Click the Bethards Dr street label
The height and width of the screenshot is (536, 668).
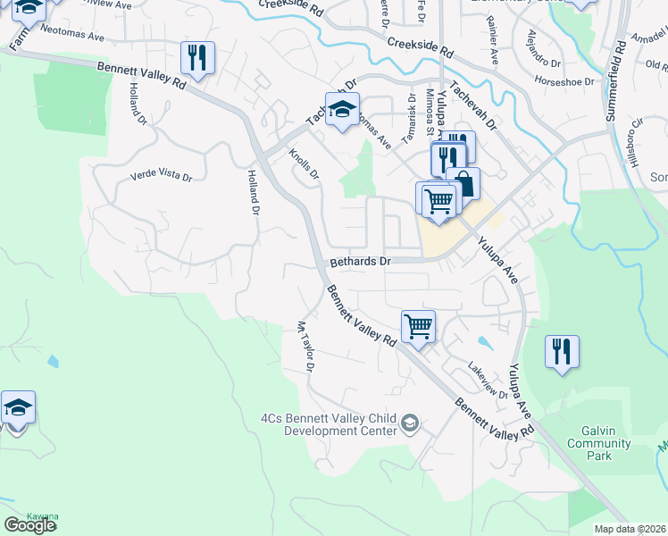[361, 263]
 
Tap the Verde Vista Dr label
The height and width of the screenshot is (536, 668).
[162, 177]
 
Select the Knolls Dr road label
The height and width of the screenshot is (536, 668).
[304, 163]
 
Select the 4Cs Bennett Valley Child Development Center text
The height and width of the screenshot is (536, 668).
[328, 423]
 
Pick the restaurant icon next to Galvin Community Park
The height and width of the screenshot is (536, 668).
[562, 350]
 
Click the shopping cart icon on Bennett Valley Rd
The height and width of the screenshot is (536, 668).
[418, 326]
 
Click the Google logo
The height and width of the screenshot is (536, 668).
[29, 525]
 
